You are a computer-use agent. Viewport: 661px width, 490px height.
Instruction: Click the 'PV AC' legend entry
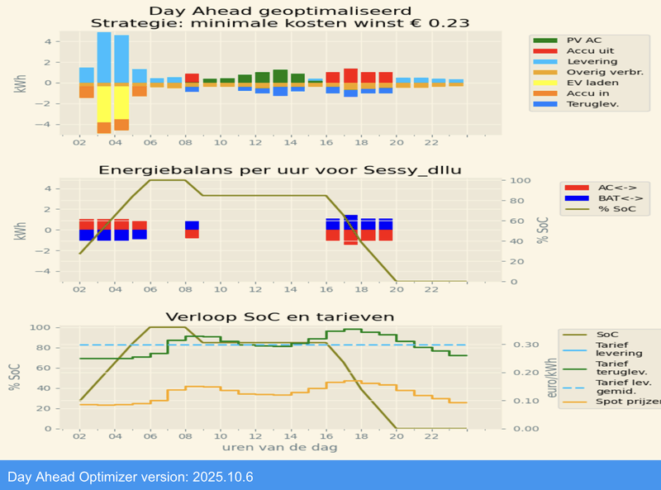[x=578, y=40]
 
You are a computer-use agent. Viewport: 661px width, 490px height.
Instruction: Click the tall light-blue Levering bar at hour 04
[x=121, y=58]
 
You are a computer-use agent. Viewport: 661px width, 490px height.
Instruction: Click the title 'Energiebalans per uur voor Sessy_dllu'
[x=278, y=170]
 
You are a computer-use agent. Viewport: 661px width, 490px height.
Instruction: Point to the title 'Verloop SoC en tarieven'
[x=279, y=316]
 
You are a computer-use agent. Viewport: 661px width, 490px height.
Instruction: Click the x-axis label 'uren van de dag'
[x=279, y=447]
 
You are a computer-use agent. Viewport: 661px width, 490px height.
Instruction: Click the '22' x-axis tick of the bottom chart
[x=431, y=436]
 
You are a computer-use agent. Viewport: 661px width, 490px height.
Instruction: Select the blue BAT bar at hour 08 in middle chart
[x=192, y=225]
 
